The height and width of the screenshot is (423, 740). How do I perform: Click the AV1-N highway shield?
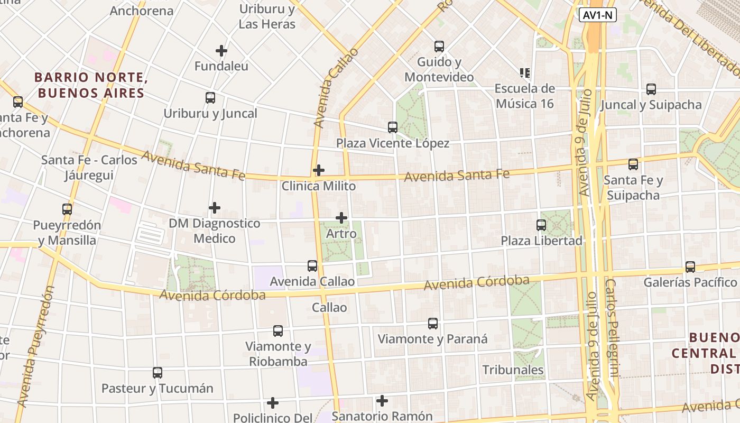[x=598, y=15]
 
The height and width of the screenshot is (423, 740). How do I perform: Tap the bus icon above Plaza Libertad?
[x=541, y=225]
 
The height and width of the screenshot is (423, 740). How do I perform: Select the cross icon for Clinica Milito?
[x=319, y=170]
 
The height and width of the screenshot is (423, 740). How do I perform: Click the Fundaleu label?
[x=221, y=66]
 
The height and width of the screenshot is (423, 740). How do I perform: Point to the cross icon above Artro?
[x=341, y=217]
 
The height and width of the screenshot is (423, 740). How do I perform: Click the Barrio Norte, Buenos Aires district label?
[x=90, y=85]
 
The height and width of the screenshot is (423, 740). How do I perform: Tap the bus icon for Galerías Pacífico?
[x=690, y=267]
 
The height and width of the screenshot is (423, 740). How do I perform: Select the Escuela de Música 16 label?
[x=525, y=96]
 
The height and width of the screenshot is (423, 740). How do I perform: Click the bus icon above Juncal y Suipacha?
[x=651, y=89]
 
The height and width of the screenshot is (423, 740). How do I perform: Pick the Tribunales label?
[x=513, y=370]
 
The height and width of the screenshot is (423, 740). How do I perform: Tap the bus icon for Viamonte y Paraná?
[x=433, y=323]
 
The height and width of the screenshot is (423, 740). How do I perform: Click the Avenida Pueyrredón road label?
[x=35, y=346]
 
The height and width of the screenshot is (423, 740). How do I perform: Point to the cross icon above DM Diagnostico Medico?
[x=215, y=208]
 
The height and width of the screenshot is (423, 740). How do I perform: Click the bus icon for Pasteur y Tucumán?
[x=158, y=373]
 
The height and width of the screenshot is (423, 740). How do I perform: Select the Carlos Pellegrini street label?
[x=612, y=328]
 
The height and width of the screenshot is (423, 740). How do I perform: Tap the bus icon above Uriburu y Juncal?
[x=210, y=98]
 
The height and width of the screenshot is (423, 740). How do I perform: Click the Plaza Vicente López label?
[x=393, y=143]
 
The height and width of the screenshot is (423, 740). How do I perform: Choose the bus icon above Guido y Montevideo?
[x=439, y=47]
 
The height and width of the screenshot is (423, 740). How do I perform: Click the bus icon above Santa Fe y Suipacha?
[x=633, y=164]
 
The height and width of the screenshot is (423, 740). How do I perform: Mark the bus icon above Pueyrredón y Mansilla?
[x=67, y=209]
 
